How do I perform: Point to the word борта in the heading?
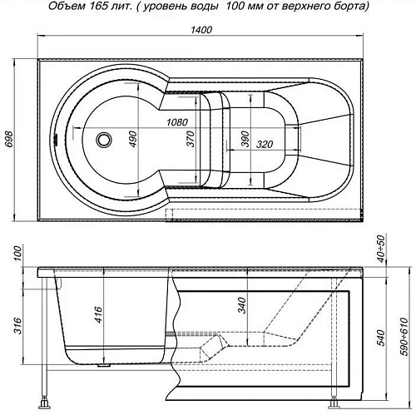click(346, 7)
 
